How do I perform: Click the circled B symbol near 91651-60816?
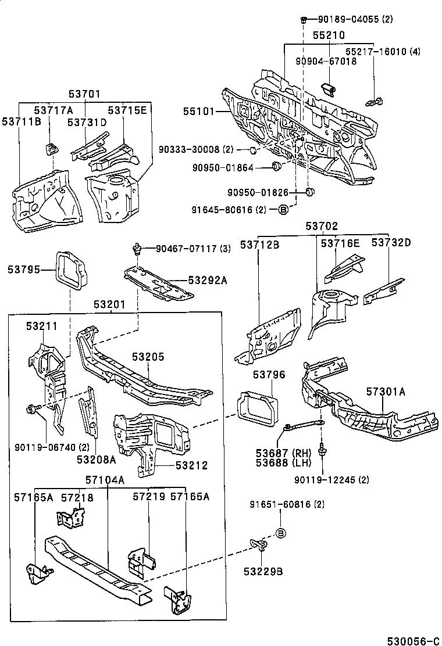(280, 533)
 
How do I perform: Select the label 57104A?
(105, 480)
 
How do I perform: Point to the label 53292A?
(207, 280)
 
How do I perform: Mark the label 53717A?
(53, 110)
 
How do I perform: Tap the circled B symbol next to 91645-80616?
(283, 210)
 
